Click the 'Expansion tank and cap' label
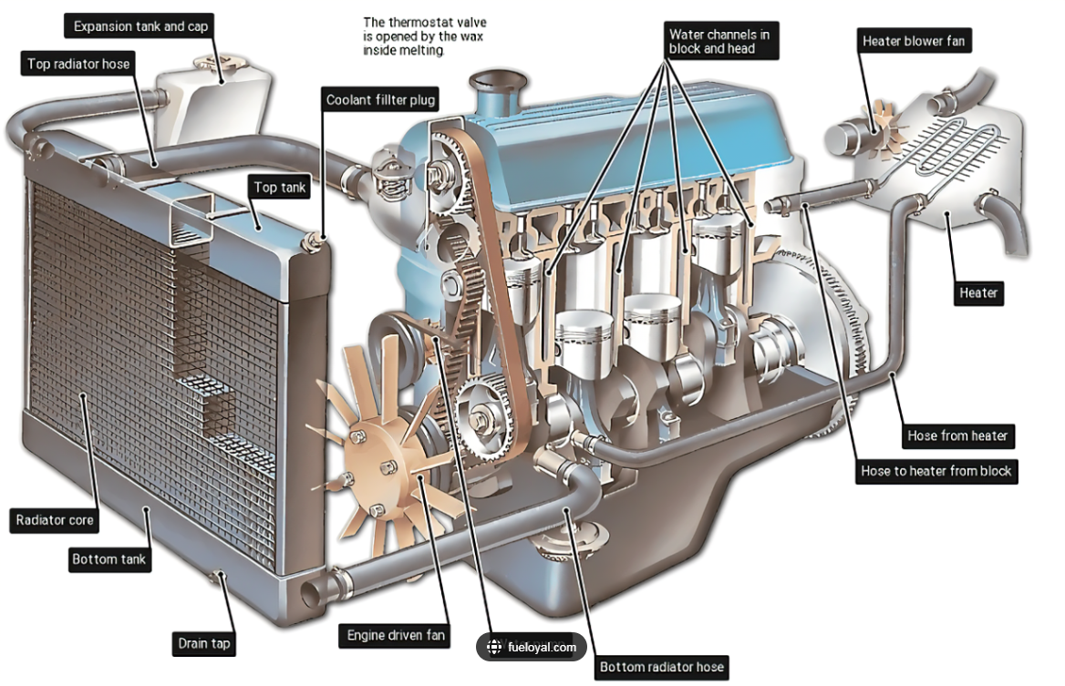(140, 26)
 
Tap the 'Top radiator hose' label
(78, 64)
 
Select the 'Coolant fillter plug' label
(381, 100)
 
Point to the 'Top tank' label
(281, 188)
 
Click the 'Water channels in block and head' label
(719, 41)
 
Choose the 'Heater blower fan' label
(913, 41)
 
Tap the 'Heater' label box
(978, 293)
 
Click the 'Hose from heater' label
(956, 435)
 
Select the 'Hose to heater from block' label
(936, 471)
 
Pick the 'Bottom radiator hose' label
(661, 667)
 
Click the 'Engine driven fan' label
(396, 635)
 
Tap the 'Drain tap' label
(203, 644)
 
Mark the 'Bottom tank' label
(109, 558)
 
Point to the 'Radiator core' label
(55, 520)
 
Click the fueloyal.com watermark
(532, 648)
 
